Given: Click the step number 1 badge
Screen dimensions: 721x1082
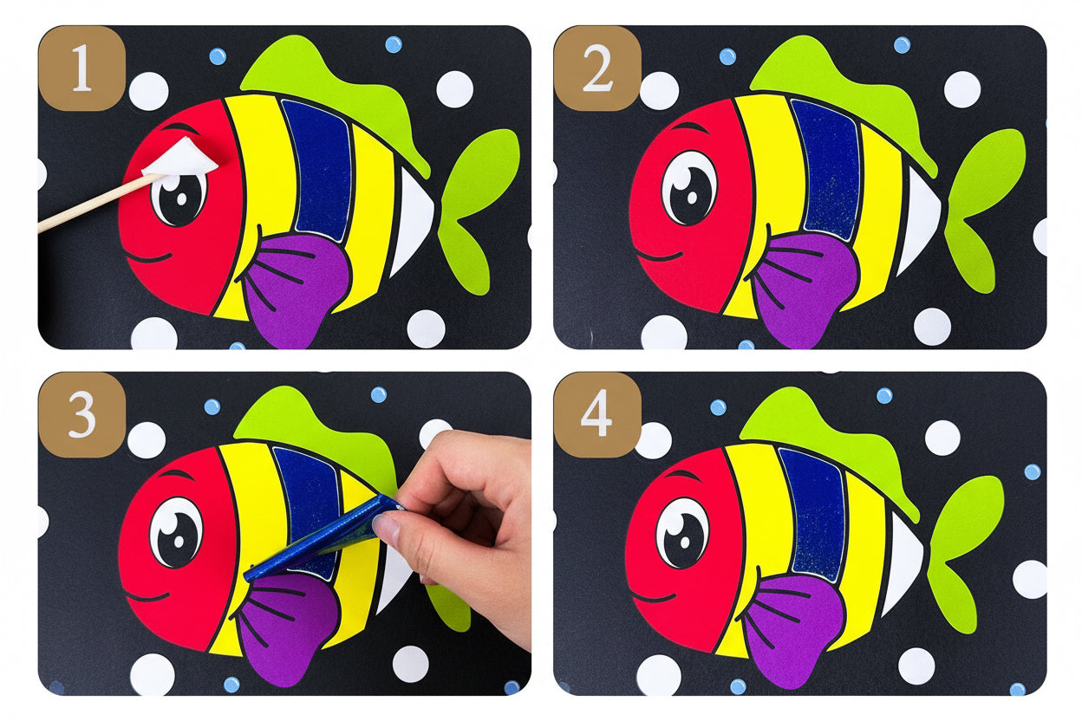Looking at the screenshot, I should [81, 68].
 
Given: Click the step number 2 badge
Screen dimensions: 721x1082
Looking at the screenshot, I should [596, 68].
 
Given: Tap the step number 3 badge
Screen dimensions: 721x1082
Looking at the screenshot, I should [81, 415].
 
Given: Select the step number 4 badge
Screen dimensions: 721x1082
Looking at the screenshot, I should [596, 415].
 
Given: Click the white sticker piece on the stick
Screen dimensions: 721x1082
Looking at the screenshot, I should [181, 159].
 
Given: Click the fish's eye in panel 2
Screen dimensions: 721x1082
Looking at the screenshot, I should [689, 187].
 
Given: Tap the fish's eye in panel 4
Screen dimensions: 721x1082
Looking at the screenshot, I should [682, 533].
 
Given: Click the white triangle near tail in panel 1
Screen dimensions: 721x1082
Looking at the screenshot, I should [414, 221].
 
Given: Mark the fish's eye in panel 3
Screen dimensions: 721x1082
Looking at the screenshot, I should [176, 533].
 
